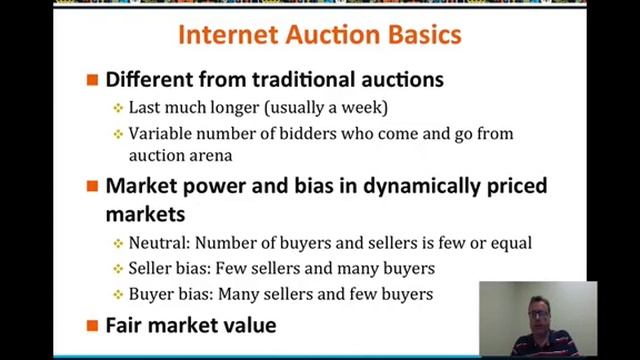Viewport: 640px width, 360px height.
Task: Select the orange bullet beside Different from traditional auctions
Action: (92, 79)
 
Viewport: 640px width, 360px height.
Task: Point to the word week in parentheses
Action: (364, 107)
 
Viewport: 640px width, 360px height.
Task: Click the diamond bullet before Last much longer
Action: (118, 107)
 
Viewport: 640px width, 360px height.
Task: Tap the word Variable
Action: (161, 133)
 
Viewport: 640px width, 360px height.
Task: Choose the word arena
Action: (206, 155)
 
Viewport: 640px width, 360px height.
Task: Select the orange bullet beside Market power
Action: (92, 186)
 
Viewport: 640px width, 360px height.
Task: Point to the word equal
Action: (509, 242)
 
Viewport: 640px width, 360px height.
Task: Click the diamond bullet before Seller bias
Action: (118, 268)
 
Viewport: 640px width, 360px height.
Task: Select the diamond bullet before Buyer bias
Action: (118, 294)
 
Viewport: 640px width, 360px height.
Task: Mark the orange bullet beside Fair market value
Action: (92, 325)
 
